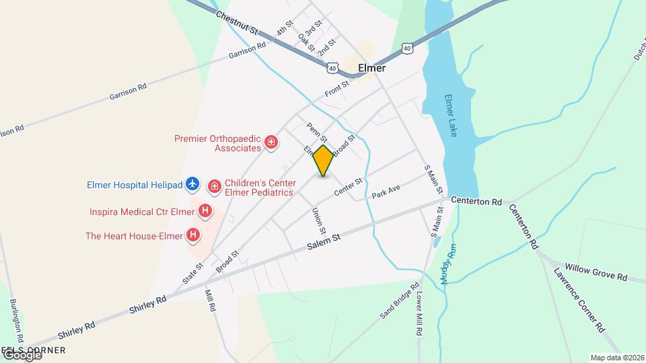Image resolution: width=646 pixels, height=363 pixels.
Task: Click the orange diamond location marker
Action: click(323, 161)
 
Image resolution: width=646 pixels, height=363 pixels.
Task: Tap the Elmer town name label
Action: click(371, 68)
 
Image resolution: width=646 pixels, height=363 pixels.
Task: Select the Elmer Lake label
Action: click(450, 116)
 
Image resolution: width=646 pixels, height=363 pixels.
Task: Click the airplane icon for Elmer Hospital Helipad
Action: click(192, 183)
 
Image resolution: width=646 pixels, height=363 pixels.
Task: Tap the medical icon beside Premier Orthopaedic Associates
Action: click(271, 143)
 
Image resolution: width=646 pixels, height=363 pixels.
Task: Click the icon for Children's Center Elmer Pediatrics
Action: click(214, 186)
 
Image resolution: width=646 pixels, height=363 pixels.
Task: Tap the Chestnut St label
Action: click(238, 22)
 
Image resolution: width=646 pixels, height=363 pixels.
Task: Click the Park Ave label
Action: click(386, 192)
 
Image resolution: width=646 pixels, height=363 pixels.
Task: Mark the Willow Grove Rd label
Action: click(596, 272)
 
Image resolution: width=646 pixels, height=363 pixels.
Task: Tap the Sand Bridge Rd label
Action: click(396, 305)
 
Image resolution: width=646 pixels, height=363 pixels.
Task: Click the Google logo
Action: click(22, 355)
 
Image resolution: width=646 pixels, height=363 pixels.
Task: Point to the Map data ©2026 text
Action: click(616, 358)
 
